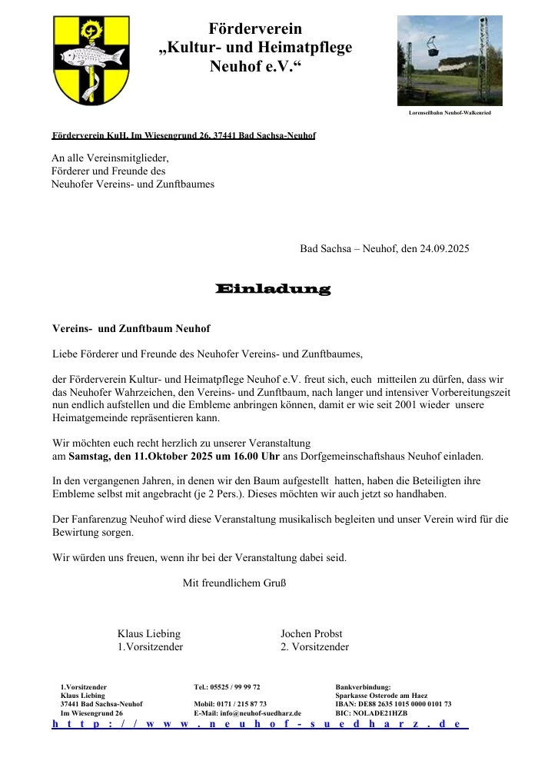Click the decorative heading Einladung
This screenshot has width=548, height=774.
pyautogui.click(x=274, y=290)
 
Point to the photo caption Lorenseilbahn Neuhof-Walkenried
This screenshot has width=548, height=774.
pyautogui.click(x=450, y=113)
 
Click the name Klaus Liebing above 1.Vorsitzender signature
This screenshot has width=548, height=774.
pyautogui.click(x=149, y=633)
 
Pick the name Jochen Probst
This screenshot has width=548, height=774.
pyautogui.click(x=311, y=633)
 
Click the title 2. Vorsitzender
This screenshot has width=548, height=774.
pyautogui.click(x=314, y=647)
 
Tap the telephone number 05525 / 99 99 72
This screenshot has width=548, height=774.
pyautogui.click(x=235, y=686)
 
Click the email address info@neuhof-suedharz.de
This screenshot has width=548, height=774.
pyautogui.click(x=261, y=713)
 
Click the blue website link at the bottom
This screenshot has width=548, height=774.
pyautogui.click(x=259, y=724)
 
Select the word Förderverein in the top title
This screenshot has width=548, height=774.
pyautogui.click(x=255, y=29)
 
